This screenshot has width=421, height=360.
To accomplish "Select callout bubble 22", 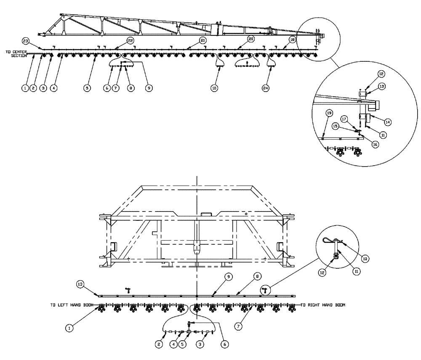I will (x=131, y=40).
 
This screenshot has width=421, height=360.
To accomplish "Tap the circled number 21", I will (x=203, y=40).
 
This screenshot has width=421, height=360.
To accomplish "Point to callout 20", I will (x=251, y=39).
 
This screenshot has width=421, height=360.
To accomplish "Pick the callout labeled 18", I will (x=293, y=39).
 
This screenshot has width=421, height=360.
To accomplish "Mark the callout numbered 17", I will (x=344, y=119).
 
